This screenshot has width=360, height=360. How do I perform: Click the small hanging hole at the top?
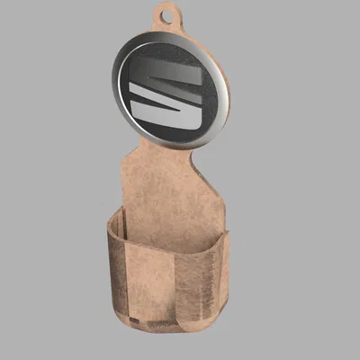pyautogui.click(x=164, y=13)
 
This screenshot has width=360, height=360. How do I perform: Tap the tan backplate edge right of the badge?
pyautogui.click(x=228, y=108)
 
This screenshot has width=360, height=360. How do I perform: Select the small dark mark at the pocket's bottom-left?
pyautogui.click(x=132, y=319)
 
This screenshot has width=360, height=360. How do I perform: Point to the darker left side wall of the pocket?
pyautogui.click(x=115, y=270)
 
